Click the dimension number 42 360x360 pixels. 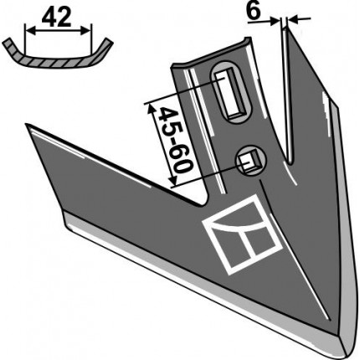point(56,18)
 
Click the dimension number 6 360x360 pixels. point(254,12)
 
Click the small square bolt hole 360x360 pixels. point(251,161)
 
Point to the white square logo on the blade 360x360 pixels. point(240,234)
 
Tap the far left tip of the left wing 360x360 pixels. point(26,124)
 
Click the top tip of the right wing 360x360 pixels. point(288,28)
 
